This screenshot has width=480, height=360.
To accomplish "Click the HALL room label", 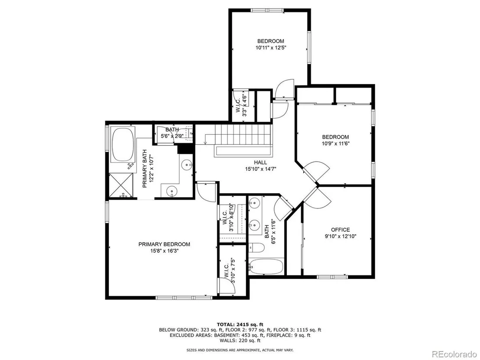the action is tap(260, 162).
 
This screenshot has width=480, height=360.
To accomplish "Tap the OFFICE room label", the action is tap(341, 230).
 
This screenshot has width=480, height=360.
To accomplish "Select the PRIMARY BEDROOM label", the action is tap(164, 244).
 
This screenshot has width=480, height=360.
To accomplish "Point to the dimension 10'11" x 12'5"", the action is tap(271, 48).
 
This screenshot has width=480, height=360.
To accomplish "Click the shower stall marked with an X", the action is tap(121, 185).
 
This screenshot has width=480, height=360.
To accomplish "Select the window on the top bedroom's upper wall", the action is tap(267, 10).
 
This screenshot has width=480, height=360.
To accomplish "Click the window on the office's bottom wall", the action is tap(332, 277).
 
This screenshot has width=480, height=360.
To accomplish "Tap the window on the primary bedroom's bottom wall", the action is tap(184, 297).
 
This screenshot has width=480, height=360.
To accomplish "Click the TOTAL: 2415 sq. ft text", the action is tap(240, 324).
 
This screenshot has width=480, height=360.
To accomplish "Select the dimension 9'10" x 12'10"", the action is tap(341, 237).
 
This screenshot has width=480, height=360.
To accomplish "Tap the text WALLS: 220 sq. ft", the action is tap(240, 341).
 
